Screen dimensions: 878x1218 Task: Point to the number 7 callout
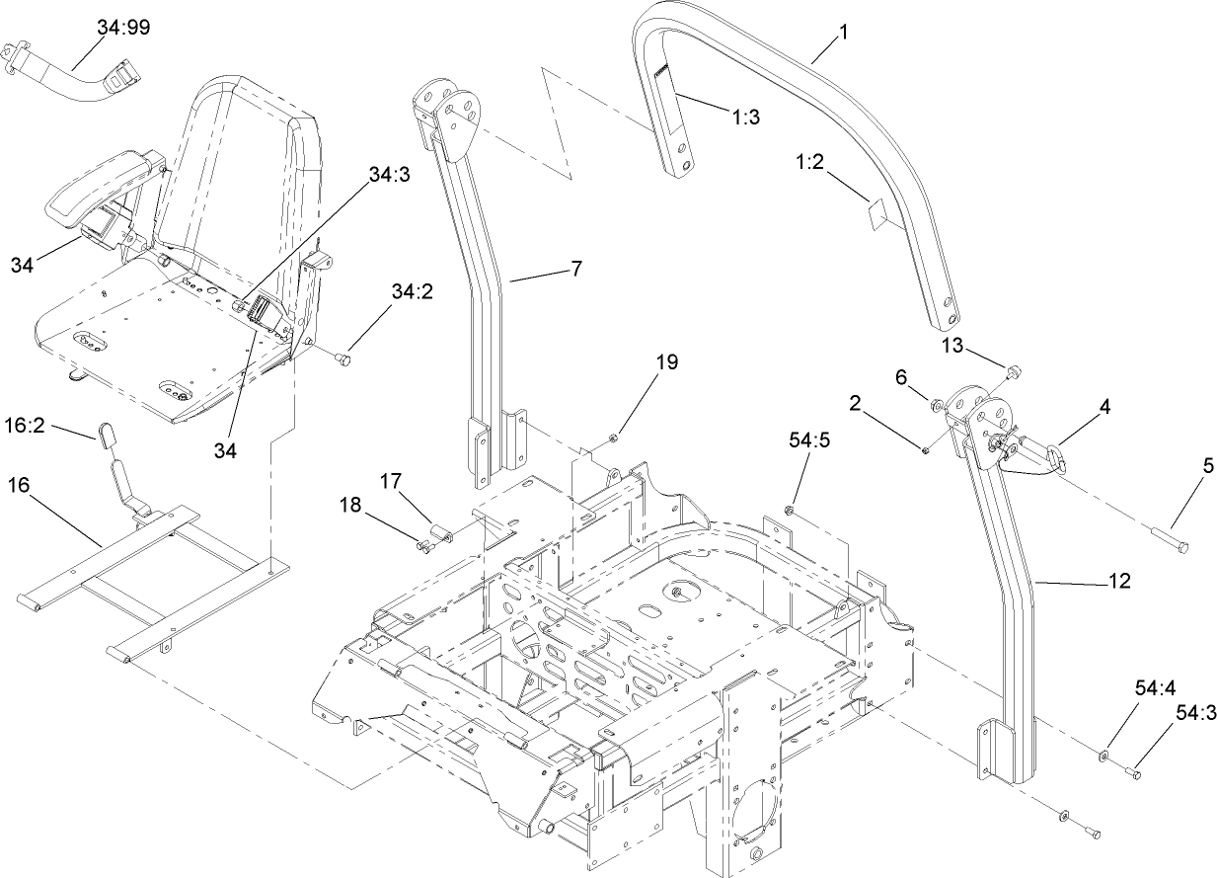pos(575,268)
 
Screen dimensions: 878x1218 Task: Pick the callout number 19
pos(667,361)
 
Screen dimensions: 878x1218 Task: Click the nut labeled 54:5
pos(790,511)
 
